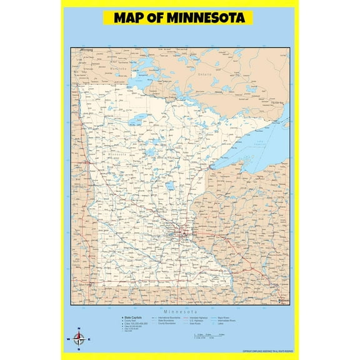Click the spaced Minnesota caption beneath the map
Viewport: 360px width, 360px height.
(x=181, y=311)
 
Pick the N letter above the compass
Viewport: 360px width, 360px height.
(x=79, y=329)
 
